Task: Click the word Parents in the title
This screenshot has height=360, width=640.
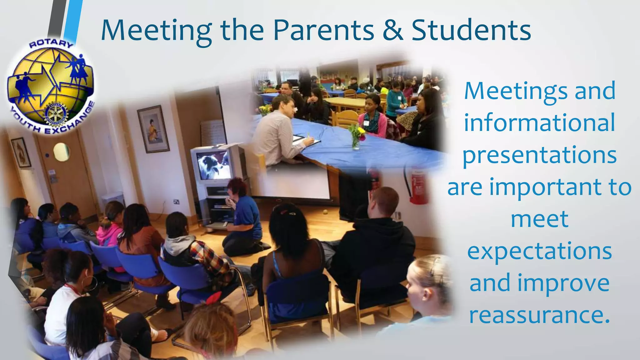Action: (323, 31)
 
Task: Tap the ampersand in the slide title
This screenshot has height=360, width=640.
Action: (392, 31)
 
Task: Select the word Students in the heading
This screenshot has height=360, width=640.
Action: (471, 31)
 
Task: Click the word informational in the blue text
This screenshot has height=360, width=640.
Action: (539, 123)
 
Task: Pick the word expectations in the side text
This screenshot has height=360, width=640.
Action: (539, 251)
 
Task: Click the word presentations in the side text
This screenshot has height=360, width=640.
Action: (539, 155)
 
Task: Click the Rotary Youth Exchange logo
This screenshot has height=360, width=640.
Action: (51, 86)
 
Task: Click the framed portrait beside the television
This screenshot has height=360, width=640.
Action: (153, 128)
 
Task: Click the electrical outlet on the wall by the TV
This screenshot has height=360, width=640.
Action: (177, 202)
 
